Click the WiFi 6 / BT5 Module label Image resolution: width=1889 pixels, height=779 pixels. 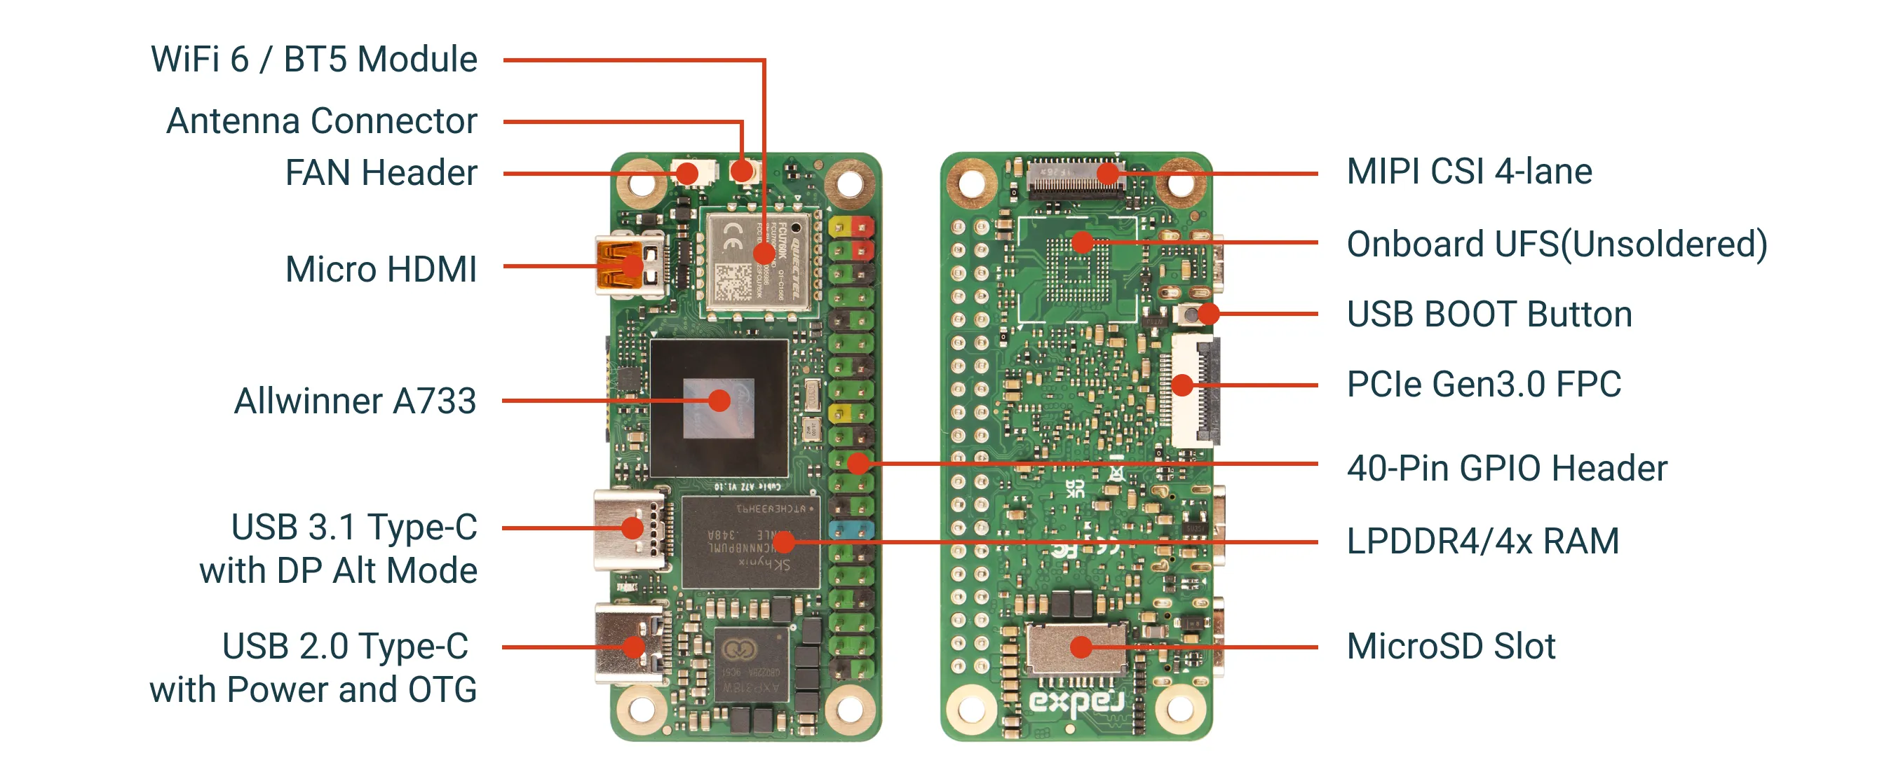(314, 60)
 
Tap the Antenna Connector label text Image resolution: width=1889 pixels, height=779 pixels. (321, 121)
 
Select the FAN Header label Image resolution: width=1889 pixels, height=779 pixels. (381, 173)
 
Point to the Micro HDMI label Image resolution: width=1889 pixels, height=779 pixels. (381, 269)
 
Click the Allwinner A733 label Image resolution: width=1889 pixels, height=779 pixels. (355, 401)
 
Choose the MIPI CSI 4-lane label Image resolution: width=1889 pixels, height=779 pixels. (1469, 172)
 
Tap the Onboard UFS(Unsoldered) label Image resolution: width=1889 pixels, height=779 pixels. (1557, 244)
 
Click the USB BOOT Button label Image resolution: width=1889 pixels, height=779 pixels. (1489, 315)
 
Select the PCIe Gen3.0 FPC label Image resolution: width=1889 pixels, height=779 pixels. (1484, 385)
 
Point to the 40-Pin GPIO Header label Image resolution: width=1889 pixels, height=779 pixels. (1507, 468)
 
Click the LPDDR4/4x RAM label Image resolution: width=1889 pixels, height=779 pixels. (1483, 542)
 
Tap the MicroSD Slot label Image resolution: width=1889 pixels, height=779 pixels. (1451, 647)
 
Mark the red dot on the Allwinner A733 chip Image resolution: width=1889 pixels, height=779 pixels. (719, 400)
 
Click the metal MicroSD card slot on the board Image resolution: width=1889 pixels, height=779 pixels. (1075, 648)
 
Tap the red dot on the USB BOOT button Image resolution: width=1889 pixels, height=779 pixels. (1207, 314)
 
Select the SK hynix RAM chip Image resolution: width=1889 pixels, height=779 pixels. (750, 542)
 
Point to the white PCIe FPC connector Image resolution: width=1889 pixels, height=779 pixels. (1193, 391)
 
